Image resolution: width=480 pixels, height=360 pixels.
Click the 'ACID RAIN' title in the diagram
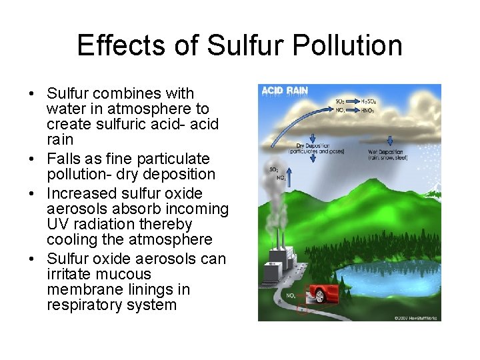pos(285,91)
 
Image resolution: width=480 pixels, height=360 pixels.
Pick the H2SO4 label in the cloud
pos(369,101)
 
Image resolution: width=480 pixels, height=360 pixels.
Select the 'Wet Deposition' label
pos(386,152)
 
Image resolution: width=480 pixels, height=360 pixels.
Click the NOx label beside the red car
pos(292,295)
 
